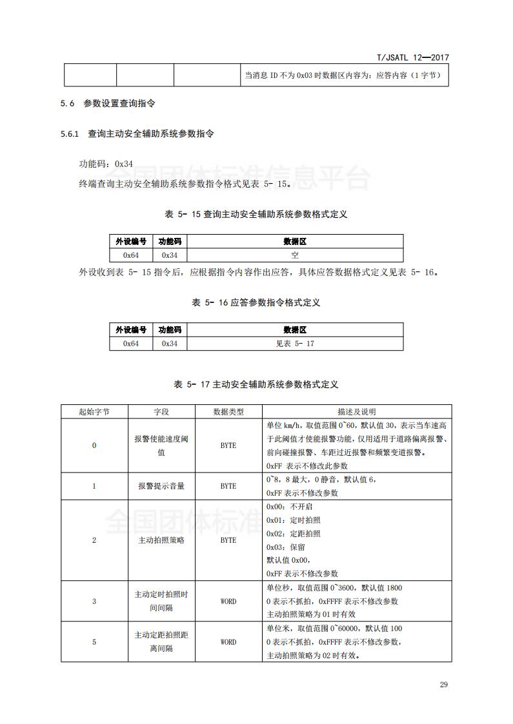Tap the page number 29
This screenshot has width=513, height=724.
pos(443,684)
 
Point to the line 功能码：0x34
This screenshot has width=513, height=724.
pos(106,164)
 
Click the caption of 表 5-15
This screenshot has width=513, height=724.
pos(256,214)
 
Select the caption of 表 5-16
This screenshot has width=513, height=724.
pos(256,302)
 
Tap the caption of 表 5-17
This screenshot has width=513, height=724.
pos(256,384)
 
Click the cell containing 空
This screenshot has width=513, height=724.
pos(294,255)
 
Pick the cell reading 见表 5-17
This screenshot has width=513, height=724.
pos(294,344)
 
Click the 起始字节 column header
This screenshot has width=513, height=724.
pos(94,411)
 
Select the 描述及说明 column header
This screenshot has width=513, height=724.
pos(356,411)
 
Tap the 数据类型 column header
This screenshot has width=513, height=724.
pos(228,411)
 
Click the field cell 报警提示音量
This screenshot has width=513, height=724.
pos(161,486)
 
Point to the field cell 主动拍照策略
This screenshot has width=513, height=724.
pos(161,540)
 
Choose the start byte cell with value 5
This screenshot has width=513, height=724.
pos(94,642)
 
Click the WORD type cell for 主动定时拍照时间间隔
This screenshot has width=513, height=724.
pos(228,602)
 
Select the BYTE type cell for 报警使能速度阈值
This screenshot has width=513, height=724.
pos(228,445)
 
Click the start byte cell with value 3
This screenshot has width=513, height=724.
pos(94,602)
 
